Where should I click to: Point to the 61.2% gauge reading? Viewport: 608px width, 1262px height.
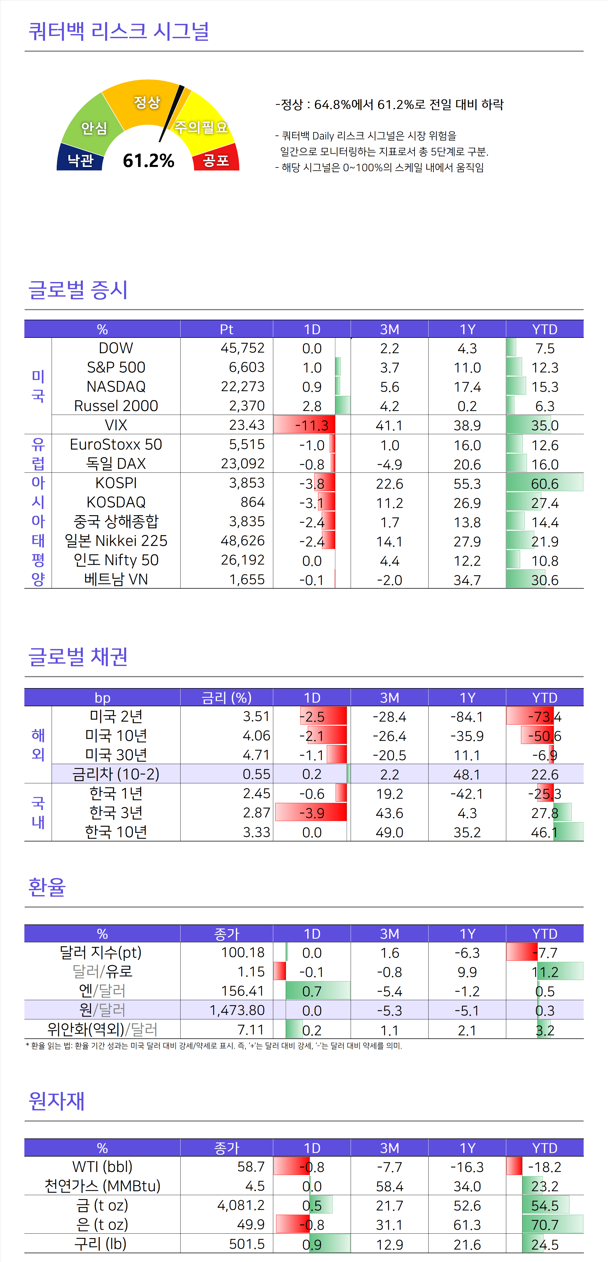click(149, 160)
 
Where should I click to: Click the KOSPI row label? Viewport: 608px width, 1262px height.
click(116, 483)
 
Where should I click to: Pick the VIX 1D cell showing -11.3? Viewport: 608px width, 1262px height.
click(312, 425)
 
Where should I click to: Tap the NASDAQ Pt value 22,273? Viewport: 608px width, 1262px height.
click(243, 387)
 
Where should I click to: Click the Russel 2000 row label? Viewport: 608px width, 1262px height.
click(116, 406)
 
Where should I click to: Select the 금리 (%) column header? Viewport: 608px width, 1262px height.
click(226, 697)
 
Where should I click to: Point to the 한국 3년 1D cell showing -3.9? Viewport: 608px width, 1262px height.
click(312, 813)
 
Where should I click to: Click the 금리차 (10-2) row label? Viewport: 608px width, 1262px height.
click(116, 774)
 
